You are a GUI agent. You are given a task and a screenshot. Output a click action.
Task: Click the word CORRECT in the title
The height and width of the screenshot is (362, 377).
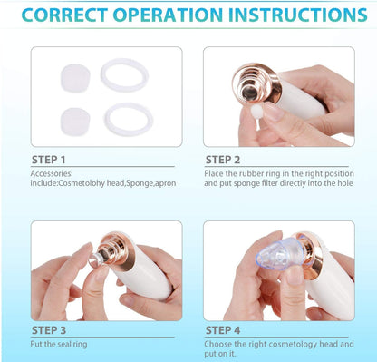64,15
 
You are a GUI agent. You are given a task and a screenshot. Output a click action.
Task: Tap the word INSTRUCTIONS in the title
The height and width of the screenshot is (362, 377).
298,15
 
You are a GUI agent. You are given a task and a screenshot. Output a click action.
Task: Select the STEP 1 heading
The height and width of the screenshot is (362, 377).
49,160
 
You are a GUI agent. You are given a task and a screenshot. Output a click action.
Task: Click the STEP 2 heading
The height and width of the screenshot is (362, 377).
223,160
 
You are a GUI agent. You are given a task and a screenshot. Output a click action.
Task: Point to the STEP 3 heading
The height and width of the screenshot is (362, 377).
49,330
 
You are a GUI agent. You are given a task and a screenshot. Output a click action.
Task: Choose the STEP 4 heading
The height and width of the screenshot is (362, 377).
223,330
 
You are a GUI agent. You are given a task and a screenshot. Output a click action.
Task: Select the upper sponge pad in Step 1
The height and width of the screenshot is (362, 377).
75,77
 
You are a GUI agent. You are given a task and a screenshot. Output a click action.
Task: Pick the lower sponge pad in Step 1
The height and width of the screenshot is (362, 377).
75,122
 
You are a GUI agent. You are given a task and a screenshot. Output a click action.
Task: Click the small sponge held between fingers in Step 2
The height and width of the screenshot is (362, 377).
257,113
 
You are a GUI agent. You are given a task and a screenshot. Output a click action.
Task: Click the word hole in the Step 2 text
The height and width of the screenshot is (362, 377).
344,183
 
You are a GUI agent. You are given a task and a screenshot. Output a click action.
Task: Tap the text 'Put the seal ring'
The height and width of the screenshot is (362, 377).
59,344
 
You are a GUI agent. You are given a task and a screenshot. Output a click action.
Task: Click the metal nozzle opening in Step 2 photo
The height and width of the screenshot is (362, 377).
250,93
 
